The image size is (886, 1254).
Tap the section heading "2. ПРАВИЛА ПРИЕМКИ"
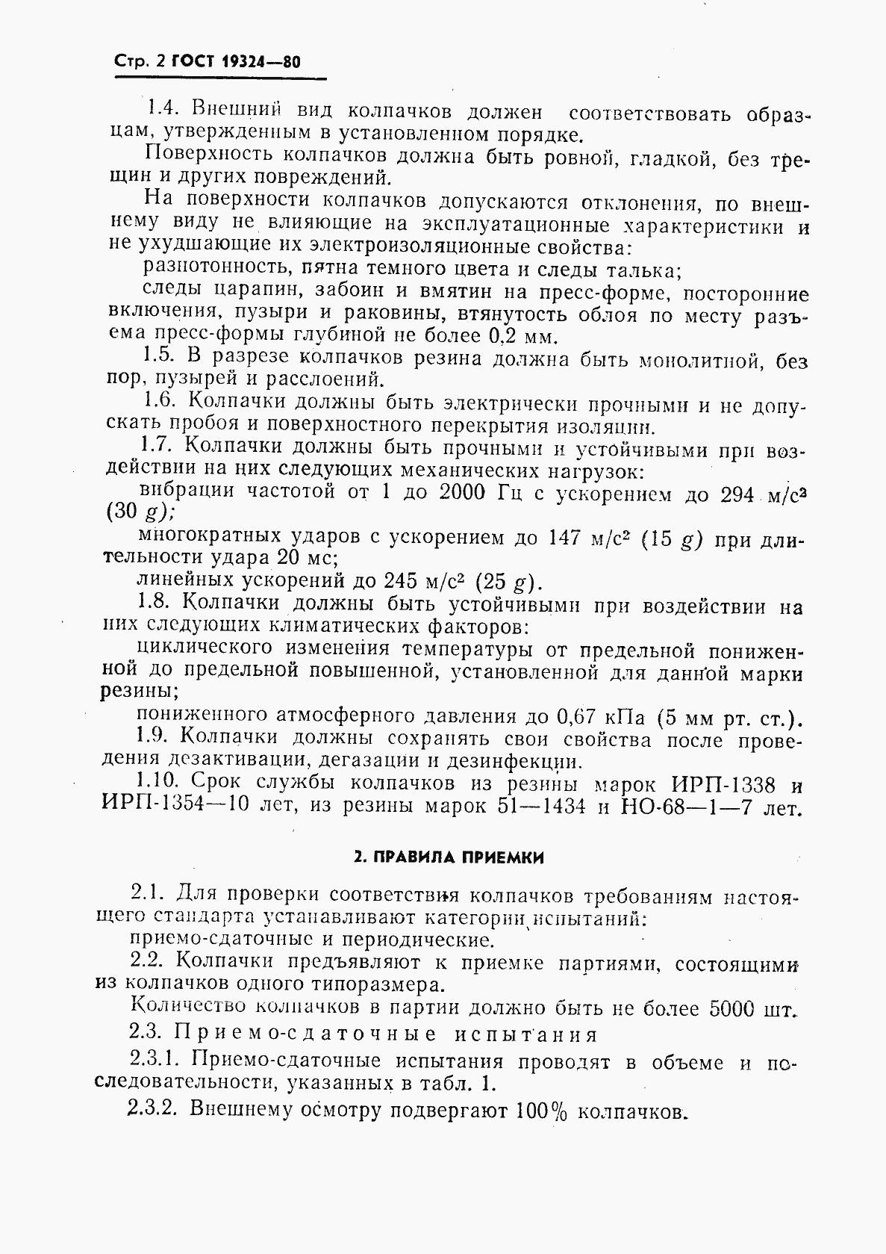pos(448,857)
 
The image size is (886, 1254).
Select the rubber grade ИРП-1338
pos(723,785)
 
